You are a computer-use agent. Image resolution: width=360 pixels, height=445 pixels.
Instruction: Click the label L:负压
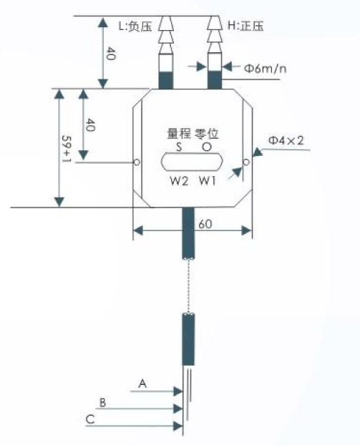pyautogui.click(x=135, y=26)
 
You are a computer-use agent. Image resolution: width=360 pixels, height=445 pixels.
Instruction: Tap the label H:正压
pyautogui.click(x=246, y=26)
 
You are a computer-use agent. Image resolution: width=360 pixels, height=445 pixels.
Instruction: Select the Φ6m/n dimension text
pyautogui.click(x=266, y=69)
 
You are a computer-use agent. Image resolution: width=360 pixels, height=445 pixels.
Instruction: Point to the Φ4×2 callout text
pyautogui.click(x=286, y=140)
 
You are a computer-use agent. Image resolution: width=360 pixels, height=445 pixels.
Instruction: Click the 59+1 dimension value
pyautogui.click(x=67, y=149)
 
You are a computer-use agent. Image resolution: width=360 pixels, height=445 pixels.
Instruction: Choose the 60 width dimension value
pyautogui.click(x=205, y=224)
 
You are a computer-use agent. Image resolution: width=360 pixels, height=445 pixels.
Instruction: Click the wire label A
pyautogui.click(x=142, y=383)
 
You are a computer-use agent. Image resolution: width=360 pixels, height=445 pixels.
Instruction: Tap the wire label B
pyautogui.click(x=102, y=402)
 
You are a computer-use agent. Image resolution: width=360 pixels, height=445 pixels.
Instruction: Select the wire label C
pyautogui.click(x=90, y=419)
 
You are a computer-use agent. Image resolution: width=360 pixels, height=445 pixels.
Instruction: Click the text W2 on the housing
pyautogui.click(x=179, y=180)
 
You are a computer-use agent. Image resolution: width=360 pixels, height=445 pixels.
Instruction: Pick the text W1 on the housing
pyautogui.click(x=208, y=180)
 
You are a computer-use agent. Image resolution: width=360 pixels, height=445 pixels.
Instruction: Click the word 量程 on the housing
pyautogui.click(x=179, y=134)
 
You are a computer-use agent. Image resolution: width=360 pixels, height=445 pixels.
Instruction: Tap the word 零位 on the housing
pyautogui.click(x=206, y=134)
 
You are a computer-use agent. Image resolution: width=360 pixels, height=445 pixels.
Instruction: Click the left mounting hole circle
pyautogui.click(x=137, y=162)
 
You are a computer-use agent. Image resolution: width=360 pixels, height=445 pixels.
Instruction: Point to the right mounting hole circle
pyautogui.click(x=246, y=162)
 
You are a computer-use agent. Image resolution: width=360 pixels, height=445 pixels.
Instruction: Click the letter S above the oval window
pyautogui.click(x=179, y=147)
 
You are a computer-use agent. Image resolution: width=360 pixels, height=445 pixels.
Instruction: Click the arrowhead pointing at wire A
pyautogui.click(x=178, y=391)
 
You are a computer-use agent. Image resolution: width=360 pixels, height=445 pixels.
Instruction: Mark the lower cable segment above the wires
pyautogui.click(x=188, y=339)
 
